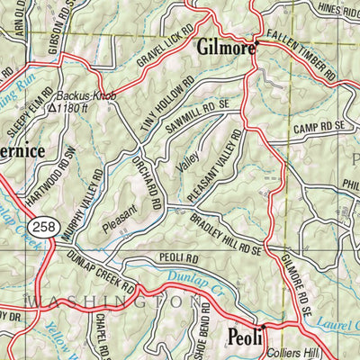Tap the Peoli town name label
pos(245,337)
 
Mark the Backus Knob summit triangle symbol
pos(53,107)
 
